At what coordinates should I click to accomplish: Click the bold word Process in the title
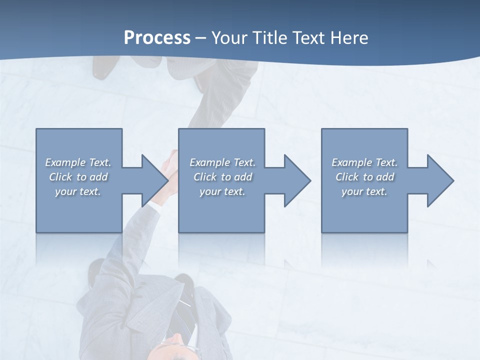(157, 38)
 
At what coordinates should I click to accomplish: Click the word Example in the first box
(65, 162)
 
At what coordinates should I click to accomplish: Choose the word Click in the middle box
(204, 177)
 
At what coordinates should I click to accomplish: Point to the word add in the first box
(98, 177)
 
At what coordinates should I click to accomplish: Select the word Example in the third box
(351, 162)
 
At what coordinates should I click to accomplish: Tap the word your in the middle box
(210, 191)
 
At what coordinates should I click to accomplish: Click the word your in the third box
(352, 191)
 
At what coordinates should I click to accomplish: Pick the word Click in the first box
(60, 177)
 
